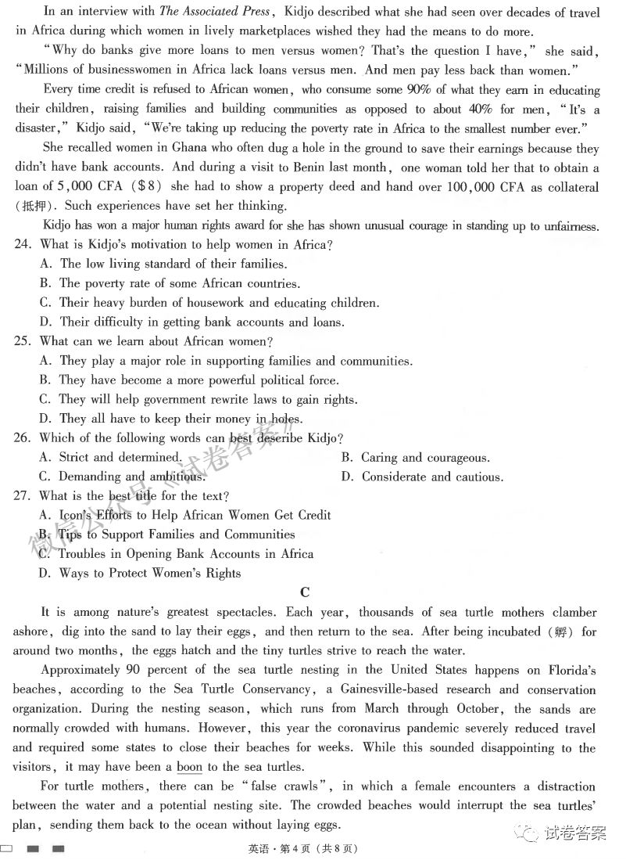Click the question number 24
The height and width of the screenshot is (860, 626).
coord(23,245)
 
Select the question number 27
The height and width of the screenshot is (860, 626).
coord(23,496)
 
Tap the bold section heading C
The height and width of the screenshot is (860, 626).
coord(305,593)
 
